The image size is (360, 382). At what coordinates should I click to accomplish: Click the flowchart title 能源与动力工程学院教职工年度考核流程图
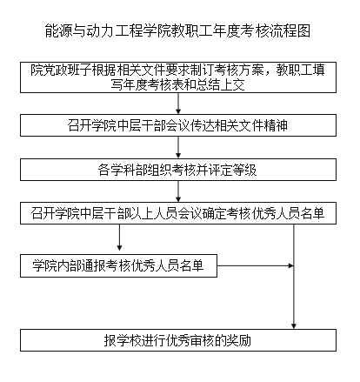(177, 30)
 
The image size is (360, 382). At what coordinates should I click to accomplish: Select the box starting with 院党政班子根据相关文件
(178, 77)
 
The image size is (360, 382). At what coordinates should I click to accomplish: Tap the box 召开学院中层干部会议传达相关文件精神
(178, 125)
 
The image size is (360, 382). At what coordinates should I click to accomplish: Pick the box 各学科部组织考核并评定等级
(178, 170)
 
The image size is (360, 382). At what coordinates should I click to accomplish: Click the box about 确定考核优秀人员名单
(178, 213)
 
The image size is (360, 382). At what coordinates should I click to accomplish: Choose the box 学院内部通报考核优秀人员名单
(118, 265)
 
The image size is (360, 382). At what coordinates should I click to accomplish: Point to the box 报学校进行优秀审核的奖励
(178, 340)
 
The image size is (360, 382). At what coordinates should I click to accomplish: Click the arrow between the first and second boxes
(178, 104)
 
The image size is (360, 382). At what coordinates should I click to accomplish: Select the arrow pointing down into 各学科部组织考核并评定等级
(178, 148)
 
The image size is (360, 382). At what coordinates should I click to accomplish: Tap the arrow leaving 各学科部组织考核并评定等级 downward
(178, 191)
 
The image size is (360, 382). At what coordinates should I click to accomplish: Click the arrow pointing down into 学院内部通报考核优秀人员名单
(119, 238)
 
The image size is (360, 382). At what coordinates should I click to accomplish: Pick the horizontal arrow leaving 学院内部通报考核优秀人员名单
(256, 265)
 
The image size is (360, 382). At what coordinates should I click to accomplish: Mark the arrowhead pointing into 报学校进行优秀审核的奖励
(294, 326)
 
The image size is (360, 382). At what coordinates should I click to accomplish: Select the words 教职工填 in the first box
(300, 70)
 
